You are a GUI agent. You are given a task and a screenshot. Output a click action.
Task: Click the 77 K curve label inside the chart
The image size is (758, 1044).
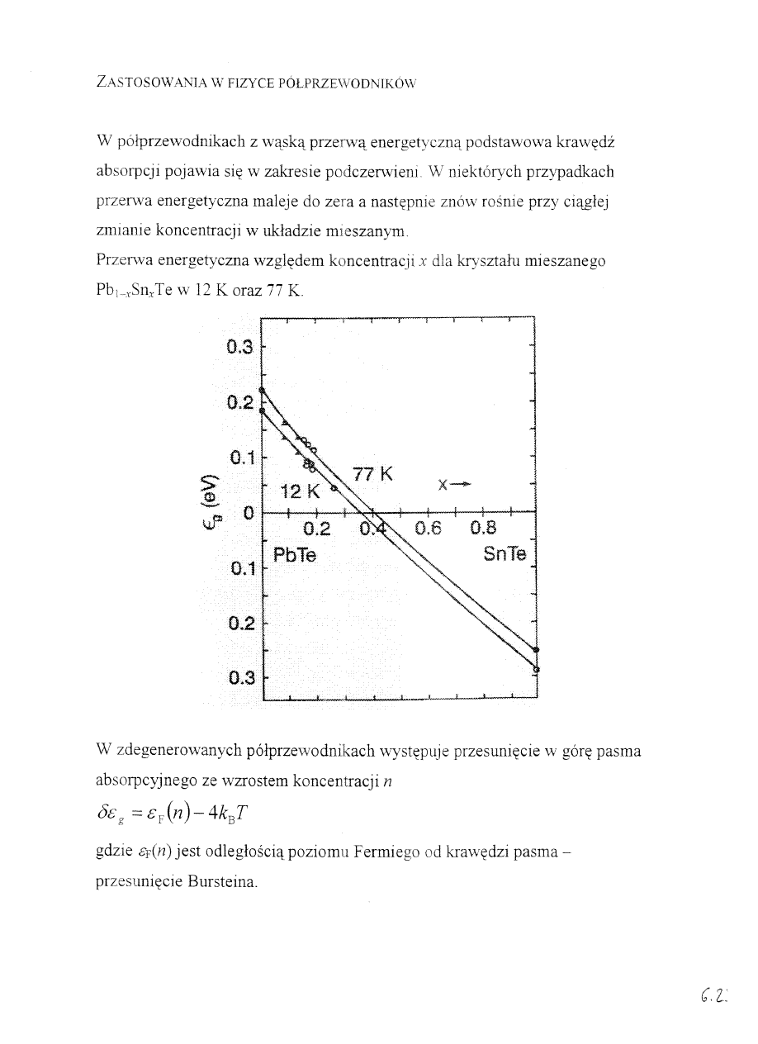(372, 475)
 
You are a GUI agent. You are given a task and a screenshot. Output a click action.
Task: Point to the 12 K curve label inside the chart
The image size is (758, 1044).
(300, 492)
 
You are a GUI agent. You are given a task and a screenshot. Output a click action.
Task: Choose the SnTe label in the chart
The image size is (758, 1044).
(505, 555)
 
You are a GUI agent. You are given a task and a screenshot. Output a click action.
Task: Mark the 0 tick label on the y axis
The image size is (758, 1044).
(247, 514)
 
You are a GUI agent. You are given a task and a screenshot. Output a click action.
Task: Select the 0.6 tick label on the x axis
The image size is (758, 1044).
(429, 529)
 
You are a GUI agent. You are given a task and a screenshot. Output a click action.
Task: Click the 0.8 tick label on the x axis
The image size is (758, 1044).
(484, 529)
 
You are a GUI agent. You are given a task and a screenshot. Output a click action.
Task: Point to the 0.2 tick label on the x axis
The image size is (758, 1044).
(315, 529)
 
